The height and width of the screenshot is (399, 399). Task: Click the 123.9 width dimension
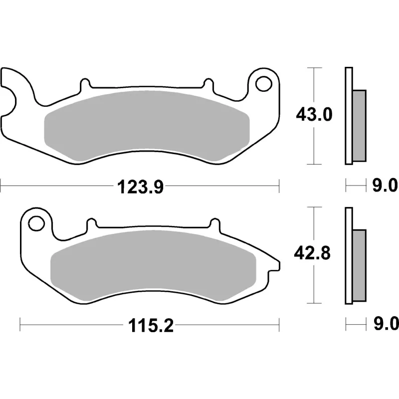click(140, 188)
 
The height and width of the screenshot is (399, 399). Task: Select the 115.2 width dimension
click(151, 326)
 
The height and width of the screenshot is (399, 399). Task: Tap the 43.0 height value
click(314, 115)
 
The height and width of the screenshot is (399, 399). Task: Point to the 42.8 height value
click(312, 253)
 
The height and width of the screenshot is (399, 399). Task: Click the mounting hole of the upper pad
click(264, 84)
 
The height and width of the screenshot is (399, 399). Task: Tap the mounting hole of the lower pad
click(36, 223)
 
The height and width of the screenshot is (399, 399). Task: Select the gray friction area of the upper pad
click(147, 126)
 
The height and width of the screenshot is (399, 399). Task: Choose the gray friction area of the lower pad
click(153, 265)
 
